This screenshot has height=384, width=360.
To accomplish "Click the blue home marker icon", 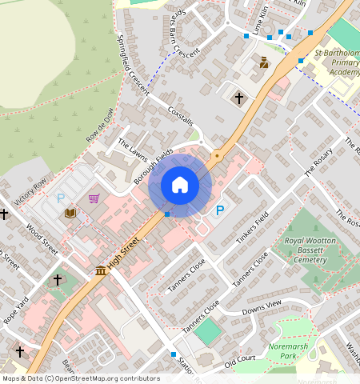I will click(180, 186).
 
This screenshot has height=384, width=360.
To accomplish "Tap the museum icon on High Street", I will click(101, 271).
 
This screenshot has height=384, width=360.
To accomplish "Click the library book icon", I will click(71, 213).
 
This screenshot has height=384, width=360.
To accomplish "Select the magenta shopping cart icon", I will click(94, 198).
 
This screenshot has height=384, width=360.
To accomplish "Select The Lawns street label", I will click(134, 150).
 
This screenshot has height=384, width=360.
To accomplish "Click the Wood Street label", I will click(43, 238).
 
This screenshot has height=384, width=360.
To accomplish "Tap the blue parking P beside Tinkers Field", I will click(220, 210).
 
